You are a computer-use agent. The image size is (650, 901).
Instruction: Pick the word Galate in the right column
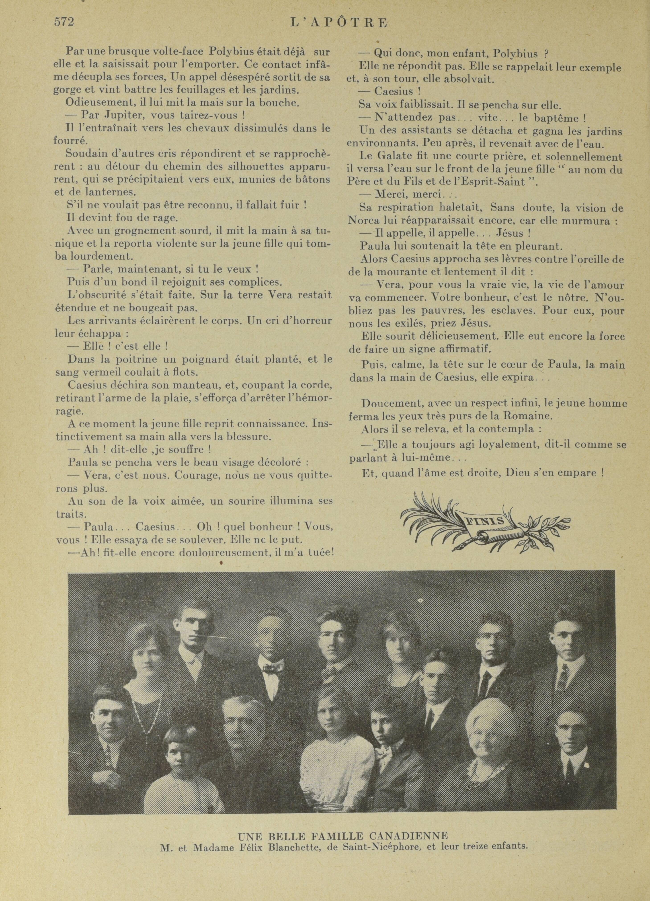point(401,157)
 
